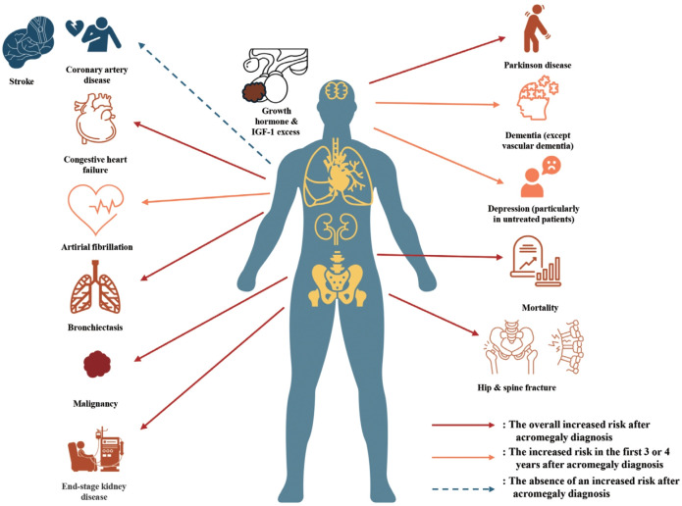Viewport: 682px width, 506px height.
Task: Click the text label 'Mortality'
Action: click(x=541, y=308)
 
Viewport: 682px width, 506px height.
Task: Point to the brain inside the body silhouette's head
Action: click(x=339, y=90)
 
